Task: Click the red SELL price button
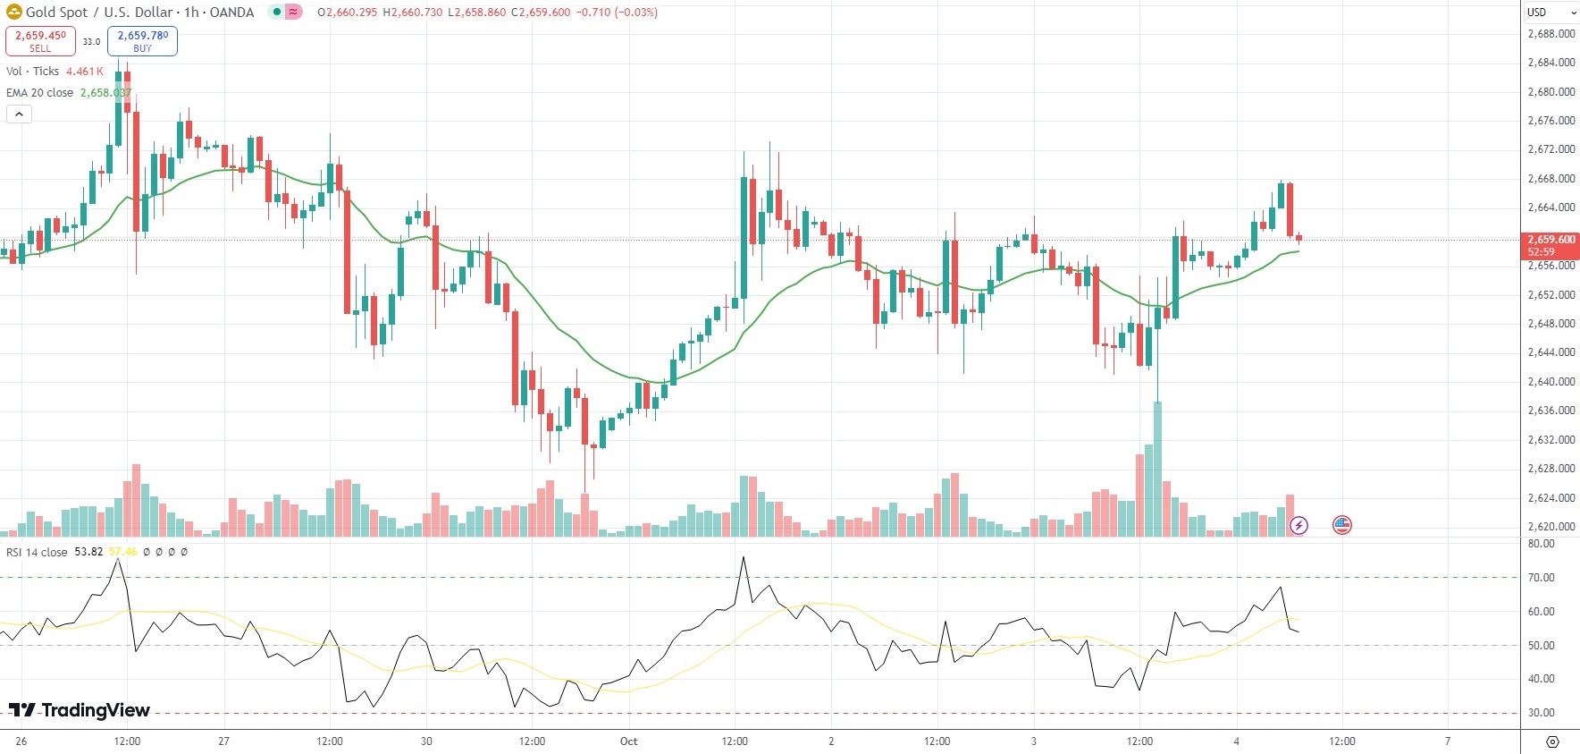pos(40,40)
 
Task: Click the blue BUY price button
pos(142,40)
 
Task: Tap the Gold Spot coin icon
pos(14,13)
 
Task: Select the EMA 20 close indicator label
pos(40,92)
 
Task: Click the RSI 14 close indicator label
pos(37,552)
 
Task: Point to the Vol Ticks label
pos(33,71)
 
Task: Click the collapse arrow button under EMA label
pos(19,114)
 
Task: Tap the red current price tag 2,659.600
pos(1550,245)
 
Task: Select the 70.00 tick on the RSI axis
pos(1541,578)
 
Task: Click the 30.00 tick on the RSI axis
pos(1541,713)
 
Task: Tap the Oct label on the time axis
pos(628,741)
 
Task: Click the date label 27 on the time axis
pos(223,741)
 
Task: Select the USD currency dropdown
pos(1550,13)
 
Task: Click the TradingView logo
pos(80,710)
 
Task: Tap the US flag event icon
pos(1341,525)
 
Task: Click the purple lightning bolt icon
pos(1298,525)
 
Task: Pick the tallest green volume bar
pos(1158,470)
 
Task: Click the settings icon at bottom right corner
pos(1552,741)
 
